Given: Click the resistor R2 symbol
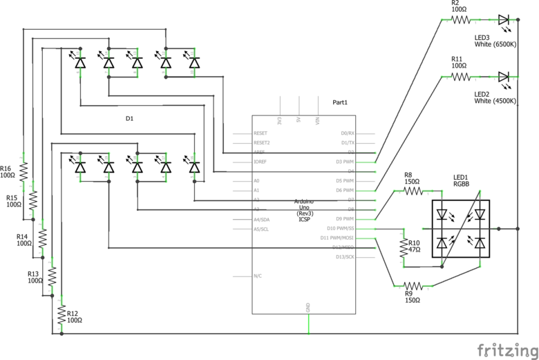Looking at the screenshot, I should (x=461, y=20).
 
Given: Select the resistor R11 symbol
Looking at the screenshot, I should (x=461, y=77).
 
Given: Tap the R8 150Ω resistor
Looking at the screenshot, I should (x=413, y=190).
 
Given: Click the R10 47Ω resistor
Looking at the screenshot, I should (x=403, y=247).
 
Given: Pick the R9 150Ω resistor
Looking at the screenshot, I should (x=413, y=285).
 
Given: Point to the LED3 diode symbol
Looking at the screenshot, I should (x=503, y=20).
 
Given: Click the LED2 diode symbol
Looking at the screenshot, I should (x=503, y=77).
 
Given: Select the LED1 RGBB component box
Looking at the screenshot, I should (x=460, y=229).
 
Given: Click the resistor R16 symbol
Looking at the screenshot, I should (x=22, y=171).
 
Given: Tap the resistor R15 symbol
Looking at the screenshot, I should (x=32, y=200).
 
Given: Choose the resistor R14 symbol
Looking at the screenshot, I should (x=42, y=238).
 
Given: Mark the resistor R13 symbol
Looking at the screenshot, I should (x=52, y=276).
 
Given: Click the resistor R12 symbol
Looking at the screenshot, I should (x=62, y=314).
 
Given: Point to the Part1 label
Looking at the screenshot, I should (x=340, y=102).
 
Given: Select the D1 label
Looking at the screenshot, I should (x=129, y=119).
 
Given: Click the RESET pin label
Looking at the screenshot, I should (x=261, y=133).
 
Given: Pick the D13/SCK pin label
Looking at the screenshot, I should (x=344, y=256).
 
